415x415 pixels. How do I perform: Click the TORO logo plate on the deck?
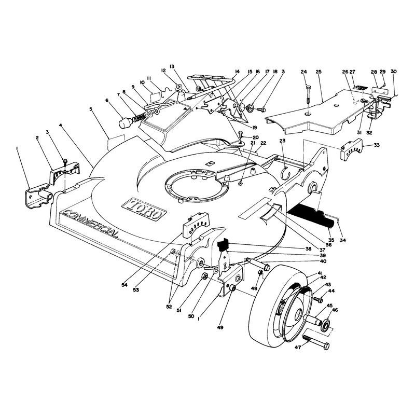144,209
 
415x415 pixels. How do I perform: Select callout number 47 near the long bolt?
298,347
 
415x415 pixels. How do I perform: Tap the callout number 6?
107,100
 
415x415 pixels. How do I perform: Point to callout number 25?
319,72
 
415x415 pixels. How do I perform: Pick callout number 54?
125,285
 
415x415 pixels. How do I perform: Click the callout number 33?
377,145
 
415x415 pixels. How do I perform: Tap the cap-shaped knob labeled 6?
125,123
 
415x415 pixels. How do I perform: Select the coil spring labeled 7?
139,117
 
